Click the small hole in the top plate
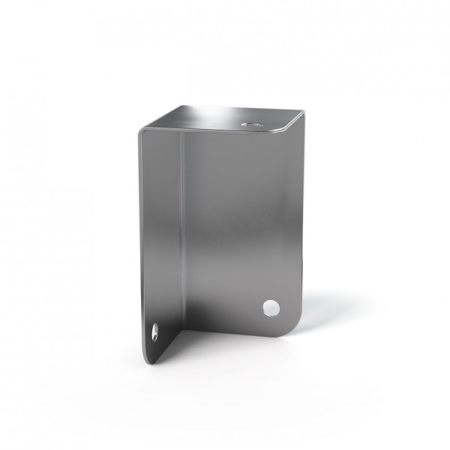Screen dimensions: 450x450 [x=250, y=120]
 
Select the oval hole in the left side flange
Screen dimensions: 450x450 [x=155, y=331]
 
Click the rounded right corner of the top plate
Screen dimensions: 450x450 [x=300, y=115]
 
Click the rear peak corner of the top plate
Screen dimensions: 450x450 [x=180, y=106]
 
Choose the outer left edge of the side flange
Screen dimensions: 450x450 [x=140, y=240]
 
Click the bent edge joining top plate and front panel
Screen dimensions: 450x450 [x=225, y=130]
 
